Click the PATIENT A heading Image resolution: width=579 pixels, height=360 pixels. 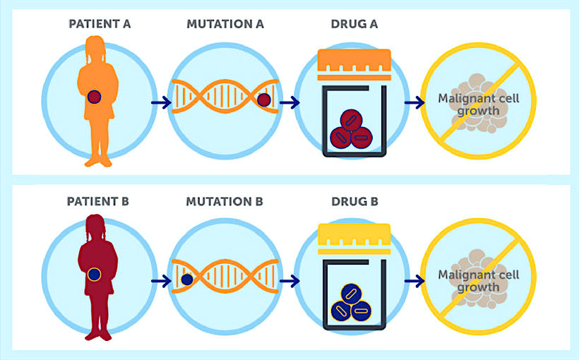pos(99,24)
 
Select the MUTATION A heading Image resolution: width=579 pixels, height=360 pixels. pos(225,24)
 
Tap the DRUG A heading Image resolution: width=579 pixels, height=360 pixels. pos(354,24)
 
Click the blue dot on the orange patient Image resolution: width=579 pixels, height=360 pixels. pos(94,97)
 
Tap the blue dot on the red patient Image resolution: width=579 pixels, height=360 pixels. pos(95,274)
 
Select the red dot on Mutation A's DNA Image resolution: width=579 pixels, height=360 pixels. pos(264,101)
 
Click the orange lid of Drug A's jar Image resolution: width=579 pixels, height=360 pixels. pos(354,64)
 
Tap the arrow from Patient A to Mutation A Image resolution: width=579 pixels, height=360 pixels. pos(161,103)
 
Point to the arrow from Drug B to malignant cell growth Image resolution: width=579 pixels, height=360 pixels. pos(414,280)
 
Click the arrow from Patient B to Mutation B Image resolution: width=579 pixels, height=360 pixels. pos(161,280)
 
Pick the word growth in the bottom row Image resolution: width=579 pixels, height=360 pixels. pos(479,287)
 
